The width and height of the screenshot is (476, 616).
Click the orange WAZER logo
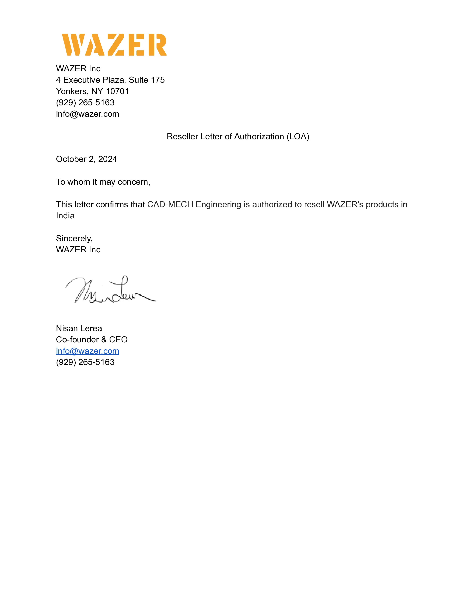[114, 45]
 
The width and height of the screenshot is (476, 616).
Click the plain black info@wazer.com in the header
[87, 114]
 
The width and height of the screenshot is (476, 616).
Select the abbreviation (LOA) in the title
[298, 136]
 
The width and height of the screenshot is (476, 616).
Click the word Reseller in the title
[182, 136]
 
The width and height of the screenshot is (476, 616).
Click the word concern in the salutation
[134, 182]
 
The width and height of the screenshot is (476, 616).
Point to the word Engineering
[218, 204]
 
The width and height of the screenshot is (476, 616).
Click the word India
[65, 216]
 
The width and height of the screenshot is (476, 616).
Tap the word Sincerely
[74, 238]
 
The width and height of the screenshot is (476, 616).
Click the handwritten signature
[110, 290]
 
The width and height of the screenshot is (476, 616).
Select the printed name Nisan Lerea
[79, 328]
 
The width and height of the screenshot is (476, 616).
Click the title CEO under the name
[118, 340]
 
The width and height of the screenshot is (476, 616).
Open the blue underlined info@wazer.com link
[87, 351]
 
